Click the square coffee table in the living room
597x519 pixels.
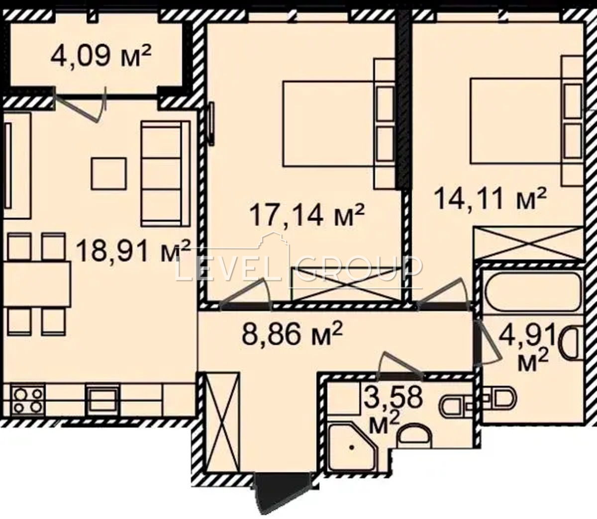click(x=109, y=174)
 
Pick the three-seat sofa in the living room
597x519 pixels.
click(x=166, y=174)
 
